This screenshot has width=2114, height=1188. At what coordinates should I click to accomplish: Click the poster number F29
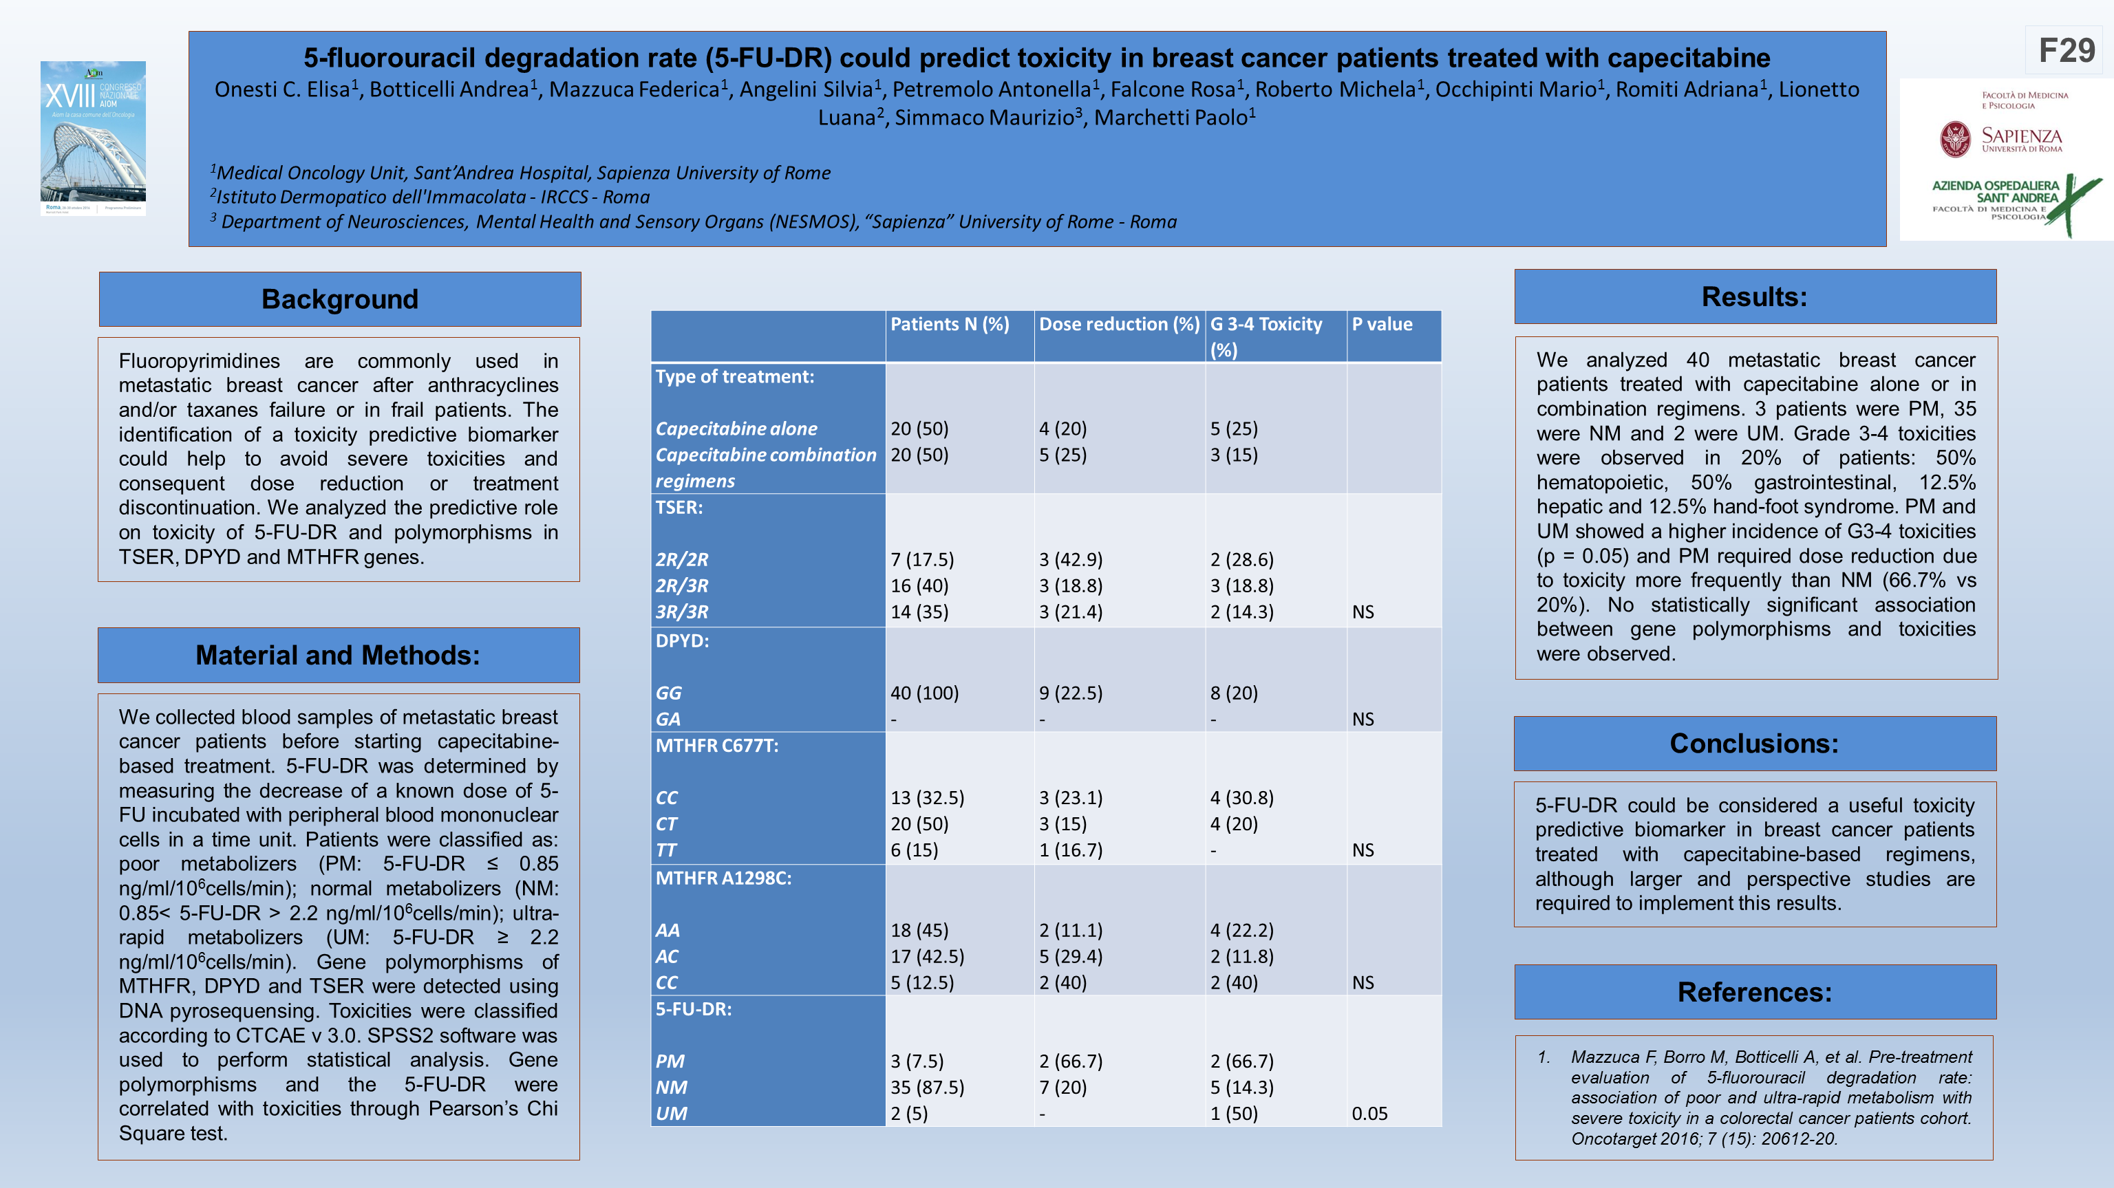tap(2067, 51)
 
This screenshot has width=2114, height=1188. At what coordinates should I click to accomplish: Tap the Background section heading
tap(340, 299)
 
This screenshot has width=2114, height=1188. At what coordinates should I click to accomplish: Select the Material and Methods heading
tap(337, 656)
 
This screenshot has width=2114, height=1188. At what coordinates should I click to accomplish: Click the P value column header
tap(1382, 324)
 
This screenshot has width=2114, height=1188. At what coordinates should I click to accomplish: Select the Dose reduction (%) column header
tap(1118, 324)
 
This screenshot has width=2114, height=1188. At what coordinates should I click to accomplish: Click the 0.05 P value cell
tap(1369, 1113)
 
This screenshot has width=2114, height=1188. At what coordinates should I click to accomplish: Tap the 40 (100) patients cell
tap(924, 693)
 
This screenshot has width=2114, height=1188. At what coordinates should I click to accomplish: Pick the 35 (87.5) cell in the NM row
tap(928, 1087)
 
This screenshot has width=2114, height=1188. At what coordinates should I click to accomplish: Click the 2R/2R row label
tap(681, 559)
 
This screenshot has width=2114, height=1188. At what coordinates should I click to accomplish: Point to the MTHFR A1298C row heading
tap(723, 878)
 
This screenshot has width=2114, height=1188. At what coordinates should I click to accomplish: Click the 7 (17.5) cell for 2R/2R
tap(921, 559)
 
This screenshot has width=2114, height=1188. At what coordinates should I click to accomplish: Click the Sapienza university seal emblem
tap(1955, 140)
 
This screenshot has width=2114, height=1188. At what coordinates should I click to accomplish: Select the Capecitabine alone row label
tap(736, 429)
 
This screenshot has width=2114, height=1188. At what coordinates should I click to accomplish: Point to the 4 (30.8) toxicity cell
tap(1241, 797)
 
